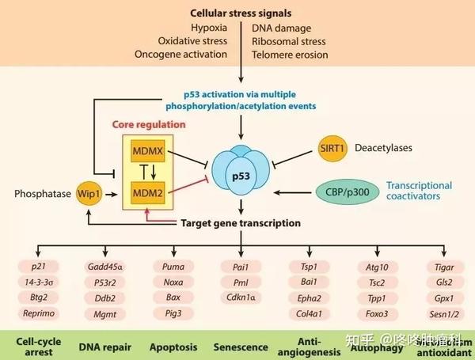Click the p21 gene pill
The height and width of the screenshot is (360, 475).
[x=41, y=267]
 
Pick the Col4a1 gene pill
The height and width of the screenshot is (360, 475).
[x=304, y=313]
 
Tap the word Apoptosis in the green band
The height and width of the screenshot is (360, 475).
[x=173, y=347]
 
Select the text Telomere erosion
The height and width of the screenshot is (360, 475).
[x=287, y=55]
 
